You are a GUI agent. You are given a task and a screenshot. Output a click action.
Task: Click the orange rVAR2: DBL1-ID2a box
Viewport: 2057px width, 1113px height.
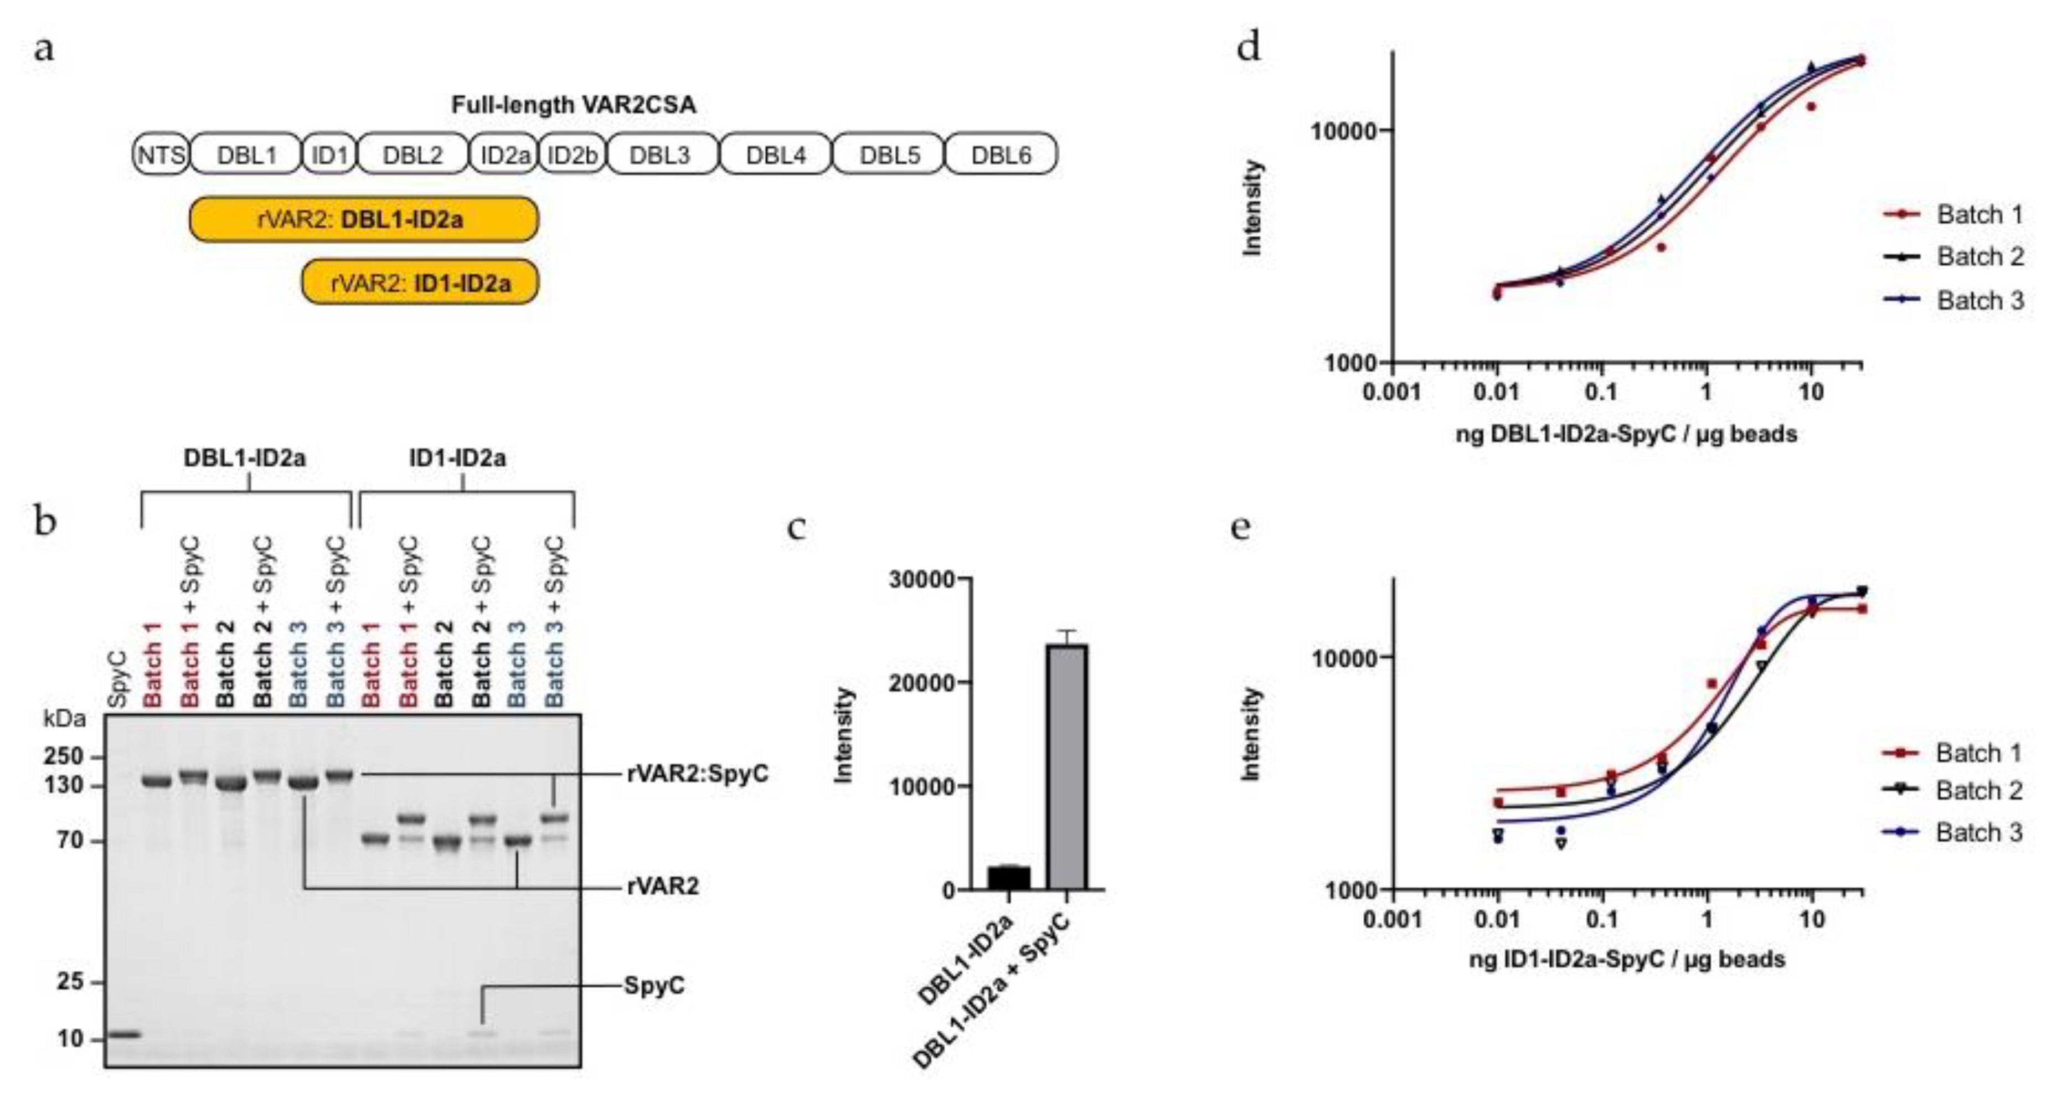pos(363,219)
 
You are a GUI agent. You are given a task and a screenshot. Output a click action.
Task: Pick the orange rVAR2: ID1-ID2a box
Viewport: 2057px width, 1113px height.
pos(420,282)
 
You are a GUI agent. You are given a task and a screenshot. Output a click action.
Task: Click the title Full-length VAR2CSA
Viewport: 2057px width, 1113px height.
pos(573,105)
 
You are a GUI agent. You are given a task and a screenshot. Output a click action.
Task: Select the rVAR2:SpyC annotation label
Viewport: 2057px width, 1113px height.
pos(697,774)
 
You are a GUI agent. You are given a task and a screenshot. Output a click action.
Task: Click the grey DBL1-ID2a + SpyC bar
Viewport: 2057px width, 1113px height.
pos(1068,766)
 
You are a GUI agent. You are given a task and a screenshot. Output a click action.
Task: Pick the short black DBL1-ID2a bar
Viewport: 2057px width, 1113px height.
pos(1008,878)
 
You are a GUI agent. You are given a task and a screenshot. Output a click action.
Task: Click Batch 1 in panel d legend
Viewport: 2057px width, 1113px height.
pos(1979,214)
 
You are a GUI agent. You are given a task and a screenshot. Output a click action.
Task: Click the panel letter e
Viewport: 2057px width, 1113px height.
pos(1240,527)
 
